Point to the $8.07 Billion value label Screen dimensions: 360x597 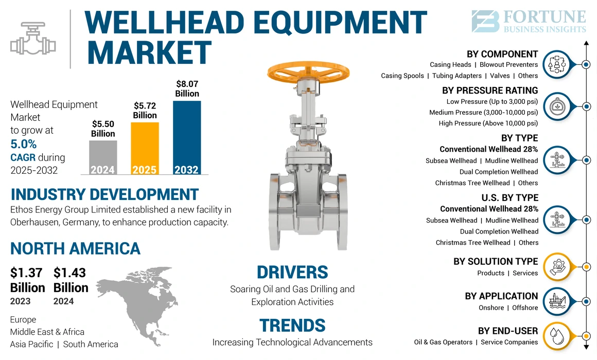coord(187,88)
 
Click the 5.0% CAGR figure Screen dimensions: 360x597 coord(24,144)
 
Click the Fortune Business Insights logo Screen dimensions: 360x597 coord(529,22)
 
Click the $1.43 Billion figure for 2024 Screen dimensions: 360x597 coord(71,280)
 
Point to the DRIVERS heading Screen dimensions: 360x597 coord(292,272)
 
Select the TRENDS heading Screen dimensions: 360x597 coord(292,325)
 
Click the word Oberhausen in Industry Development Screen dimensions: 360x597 coord(34,222)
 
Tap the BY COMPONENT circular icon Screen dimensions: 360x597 coord(558,65)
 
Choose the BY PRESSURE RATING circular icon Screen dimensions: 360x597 coord(558,106)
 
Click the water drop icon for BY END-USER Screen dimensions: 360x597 coord(558,336)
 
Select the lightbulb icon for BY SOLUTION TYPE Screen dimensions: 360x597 coord(558,267)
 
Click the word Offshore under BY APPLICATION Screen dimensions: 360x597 coord(525,308)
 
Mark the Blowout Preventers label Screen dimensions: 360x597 coord(508,65)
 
